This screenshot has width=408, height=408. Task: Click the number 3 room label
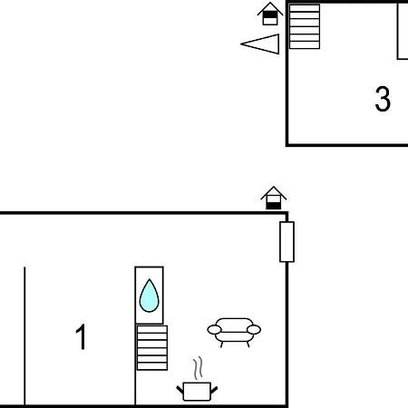pyautogui.click(x=383, y=99)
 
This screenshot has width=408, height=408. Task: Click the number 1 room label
pyautogui.click(x=81, y=336)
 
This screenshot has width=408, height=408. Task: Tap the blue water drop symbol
pyautogui.click(x=149, y=296)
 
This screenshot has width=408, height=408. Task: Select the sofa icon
pyautogui.click(x=234, y=333)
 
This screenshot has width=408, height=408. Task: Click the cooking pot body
pyautogui.click(x=197, y=392)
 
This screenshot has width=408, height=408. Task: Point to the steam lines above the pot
pyautogui.click(x=198, y=368)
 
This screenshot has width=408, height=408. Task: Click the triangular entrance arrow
pyautogui.click(x=260, y=44)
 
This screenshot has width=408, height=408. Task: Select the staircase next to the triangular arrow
pyautogui.click(x=305, y=26)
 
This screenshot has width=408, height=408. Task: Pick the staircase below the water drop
pyautogui.click(x=152, y=347)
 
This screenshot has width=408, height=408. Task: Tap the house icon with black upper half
pyautogui.click(x=270, y=14)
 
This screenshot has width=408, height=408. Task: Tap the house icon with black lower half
pyautogui.click(x=273, y=198)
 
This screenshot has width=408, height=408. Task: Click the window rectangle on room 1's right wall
pyautogui.click(x=287, y=242)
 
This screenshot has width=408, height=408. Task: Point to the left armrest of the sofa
pyautogui.click(x=214, y=329)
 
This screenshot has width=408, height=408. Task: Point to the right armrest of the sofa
pyautogui.click(x=254, y=329)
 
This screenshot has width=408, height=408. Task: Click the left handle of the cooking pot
pyautogui.click(x=180, y=390)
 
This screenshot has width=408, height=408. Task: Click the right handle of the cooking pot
pyautogui.click(x=214, y=390)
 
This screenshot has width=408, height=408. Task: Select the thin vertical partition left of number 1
pyautogui.click(x=24, y=335)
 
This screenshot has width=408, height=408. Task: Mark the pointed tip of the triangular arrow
pyautogui.click(x=241, y=44)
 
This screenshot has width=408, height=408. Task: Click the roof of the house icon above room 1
pyautogui.click(x=273, y=192)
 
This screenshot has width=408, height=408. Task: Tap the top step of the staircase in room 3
pyautogui.click(x=305, y=8)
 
